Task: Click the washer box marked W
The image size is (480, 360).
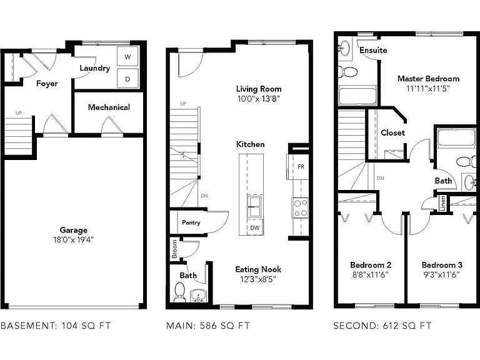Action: pos(127,56)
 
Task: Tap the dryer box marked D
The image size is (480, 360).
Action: pos(127,78)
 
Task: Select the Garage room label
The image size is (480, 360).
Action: pos(74,230)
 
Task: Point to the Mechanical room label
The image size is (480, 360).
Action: pos(109,107)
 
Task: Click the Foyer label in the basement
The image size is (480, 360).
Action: pos(47,84)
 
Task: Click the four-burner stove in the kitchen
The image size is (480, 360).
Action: pos(300,208)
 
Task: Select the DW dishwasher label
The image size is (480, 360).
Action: pos(255,227)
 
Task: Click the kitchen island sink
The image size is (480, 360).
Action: pos(255,207)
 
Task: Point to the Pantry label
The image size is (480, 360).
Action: pos(191,222)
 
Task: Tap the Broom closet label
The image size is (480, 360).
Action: pos(174,249)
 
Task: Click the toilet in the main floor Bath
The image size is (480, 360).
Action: pos(180,292)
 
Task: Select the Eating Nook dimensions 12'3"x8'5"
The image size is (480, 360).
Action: pos(258,279)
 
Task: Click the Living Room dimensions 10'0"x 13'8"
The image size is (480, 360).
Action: pos(259,99)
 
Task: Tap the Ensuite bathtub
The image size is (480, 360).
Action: pos(357,96)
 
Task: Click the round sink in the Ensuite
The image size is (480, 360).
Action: pos(345,47)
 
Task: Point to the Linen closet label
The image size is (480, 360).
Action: pos(442,203)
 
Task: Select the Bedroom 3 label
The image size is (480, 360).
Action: pos(442,265)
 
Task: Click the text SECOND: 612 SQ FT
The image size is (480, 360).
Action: pos(382,326)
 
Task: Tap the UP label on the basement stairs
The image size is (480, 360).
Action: pos(19,113)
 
